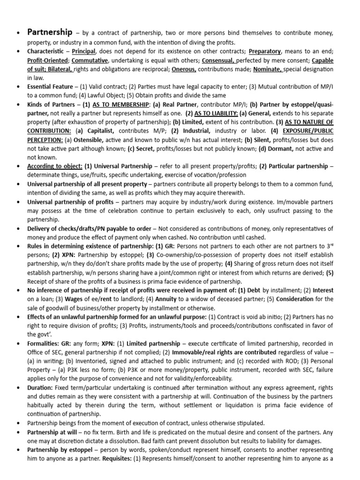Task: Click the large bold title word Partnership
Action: click(x=50, y=32)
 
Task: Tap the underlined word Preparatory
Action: click(x=264, y=51)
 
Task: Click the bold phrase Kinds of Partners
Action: click(x=52, y=105)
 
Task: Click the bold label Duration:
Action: click(x=40, y=388)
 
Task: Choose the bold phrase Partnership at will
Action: click(x=55, y=432)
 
